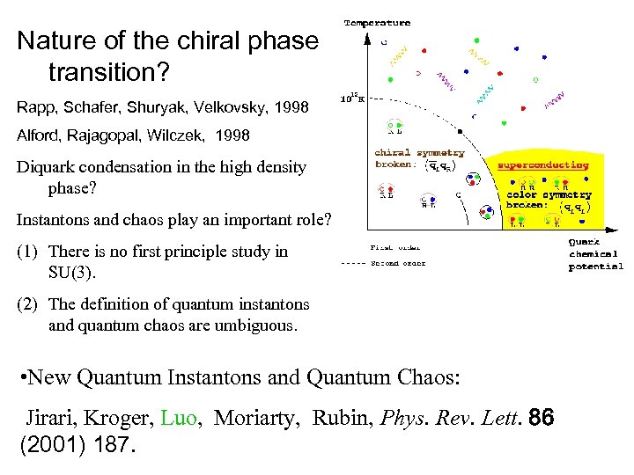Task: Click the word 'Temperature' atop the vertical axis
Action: coord(377,22)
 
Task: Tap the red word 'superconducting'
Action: coord(542,164)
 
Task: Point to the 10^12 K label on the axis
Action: coord(352,98)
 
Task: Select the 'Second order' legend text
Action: coord(399,262)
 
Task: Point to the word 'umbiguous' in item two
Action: coord(259,325)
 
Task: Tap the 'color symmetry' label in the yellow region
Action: coord(549,194)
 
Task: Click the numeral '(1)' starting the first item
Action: coord(27,252)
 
